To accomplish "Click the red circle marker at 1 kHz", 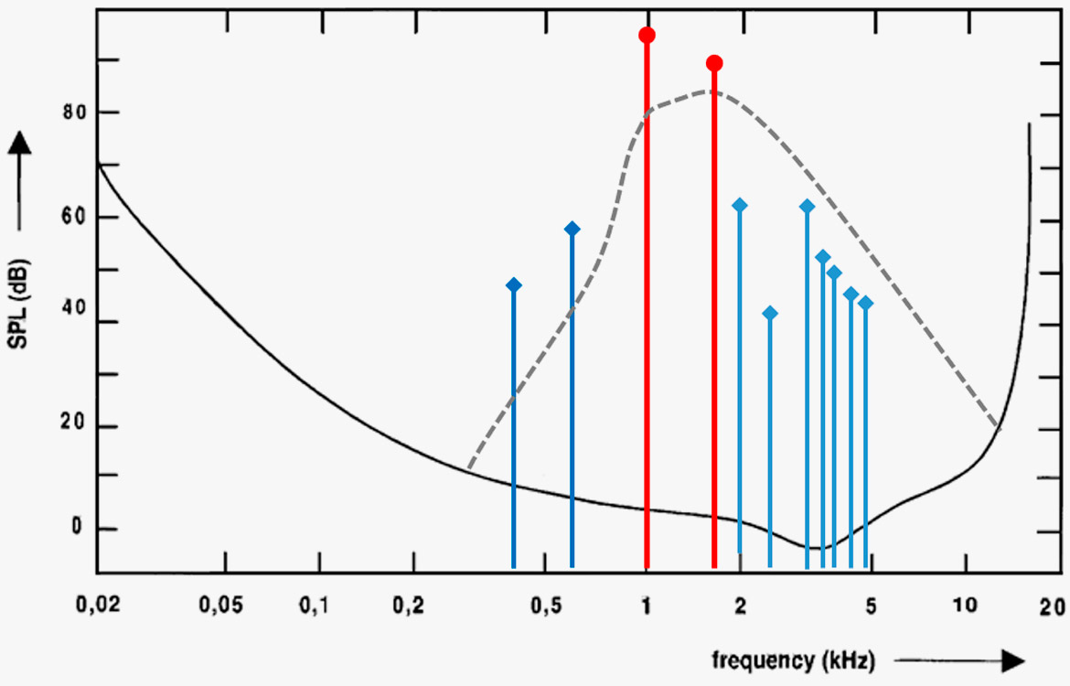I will (x=647, y=36).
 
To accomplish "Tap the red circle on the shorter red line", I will (x=714, y=63).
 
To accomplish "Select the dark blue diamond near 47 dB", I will (x=513, y=285).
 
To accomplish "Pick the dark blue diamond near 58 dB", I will (x=572, y=229).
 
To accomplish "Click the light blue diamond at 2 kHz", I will (x=740, y=205).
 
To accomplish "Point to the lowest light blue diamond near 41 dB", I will (x=770, y=314).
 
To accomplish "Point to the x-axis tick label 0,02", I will (x=95, y=606).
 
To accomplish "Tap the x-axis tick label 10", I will (x=964, y=606).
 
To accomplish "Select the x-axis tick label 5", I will (x=871, y=606).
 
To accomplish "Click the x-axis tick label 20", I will (x=1051, y=606).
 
